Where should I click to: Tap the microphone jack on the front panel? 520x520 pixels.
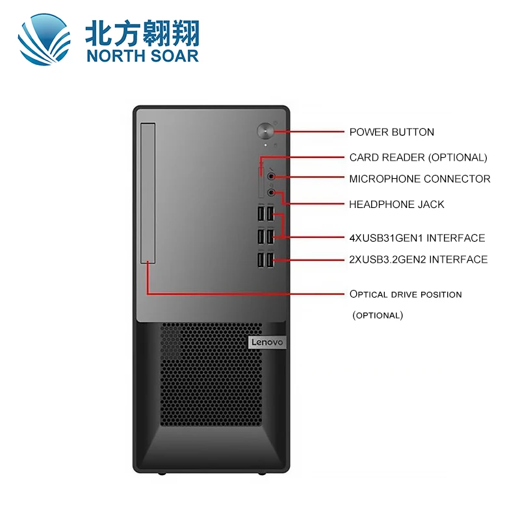271,176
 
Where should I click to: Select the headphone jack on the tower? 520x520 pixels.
271,192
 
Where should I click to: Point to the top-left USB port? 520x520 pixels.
261,214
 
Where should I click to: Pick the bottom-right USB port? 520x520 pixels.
271,259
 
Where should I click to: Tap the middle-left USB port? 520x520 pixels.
261,237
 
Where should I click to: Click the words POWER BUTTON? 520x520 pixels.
391,132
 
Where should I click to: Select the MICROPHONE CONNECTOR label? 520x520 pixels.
419,179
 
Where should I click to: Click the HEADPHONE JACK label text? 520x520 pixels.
396,204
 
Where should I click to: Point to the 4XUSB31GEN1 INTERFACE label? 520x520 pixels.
417,238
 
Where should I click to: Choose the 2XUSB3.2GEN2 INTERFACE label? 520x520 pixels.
418,260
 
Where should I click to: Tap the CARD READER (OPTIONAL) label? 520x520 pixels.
418,157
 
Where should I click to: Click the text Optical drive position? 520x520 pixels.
406,294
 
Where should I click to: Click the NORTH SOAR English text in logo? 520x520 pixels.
141,55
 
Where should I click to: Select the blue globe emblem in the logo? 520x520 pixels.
44,40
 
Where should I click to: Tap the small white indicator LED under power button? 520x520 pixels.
265,145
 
